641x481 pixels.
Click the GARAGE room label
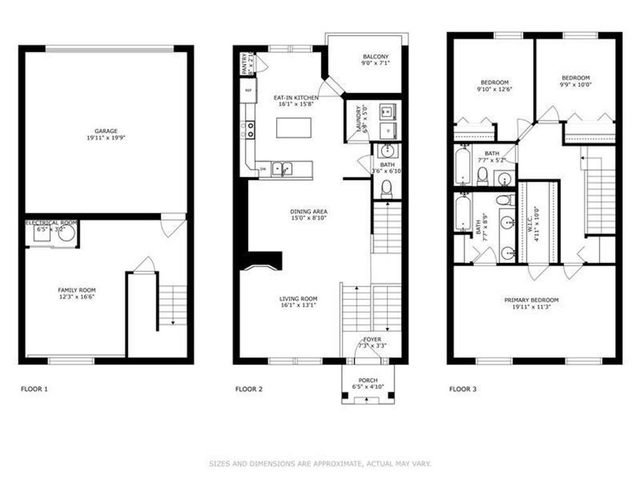click(x=106, y=131)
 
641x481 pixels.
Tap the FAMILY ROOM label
click(x=76, y=290)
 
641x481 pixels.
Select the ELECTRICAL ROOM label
click(x=51, y=223)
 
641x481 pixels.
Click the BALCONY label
click(x=375, y=57)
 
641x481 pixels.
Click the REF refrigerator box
click(x=249, y=91)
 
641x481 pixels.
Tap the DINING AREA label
click(x=309, y=212)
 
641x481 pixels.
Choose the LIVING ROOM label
click(x=299, y=299)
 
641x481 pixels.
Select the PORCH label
click(x=368, y=380)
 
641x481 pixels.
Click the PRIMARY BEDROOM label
click(x=531, y=300)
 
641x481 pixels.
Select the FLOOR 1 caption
click(x=34, y=389)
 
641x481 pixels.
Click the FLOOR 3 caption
click(x=463, y=389)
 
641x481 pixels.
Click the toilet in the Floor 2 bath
click(x=387, y=188)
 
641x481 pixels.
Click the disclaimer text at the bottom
click(x=320, y=464)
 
